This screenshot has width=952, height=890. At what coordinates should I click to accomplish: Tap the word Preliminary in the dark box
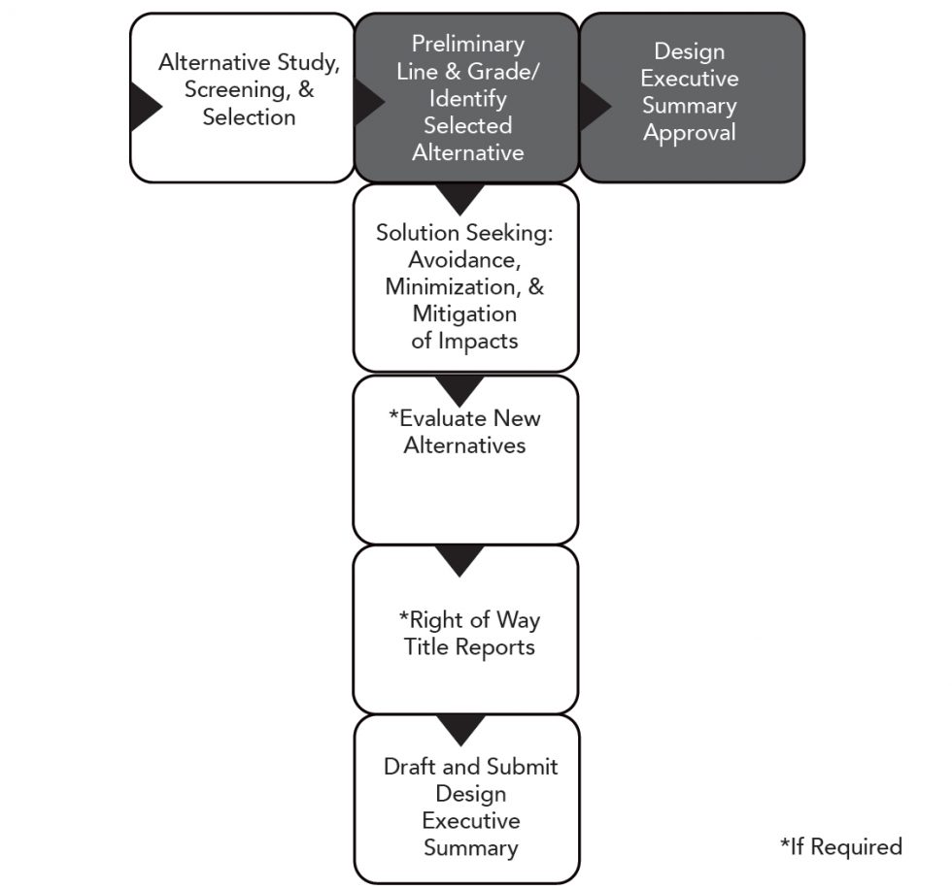tap(467, 44)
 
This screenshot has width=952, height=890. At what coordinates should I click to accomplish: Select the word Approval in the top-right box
tap(689, 133)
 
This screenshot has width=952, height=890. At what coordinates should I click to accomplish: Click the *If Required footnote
tap(840, 846)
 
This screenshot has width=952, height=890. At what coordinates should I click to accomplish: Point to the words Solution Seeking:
tap(464, 233)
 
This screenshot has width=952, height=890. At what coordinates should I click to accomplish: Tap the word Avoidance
tap(463, 260)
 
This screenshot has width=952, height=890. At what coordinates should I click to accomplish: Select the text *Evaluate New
tap(464, 418)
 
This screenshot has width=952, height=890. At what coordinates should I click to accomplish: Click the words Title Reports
tap(469, 646)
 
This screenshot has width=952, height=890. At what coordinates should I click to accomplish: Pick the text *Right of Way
tap(469, 619)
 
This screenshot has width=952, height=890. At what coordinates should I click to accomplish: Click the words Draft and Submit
tap(470, 767)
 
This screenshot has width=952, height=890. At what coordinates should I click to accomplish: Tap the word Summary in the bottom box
tap(470, 847)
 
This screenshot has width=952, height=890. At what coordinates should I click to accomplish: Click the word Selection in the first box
tap(249, 117)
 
